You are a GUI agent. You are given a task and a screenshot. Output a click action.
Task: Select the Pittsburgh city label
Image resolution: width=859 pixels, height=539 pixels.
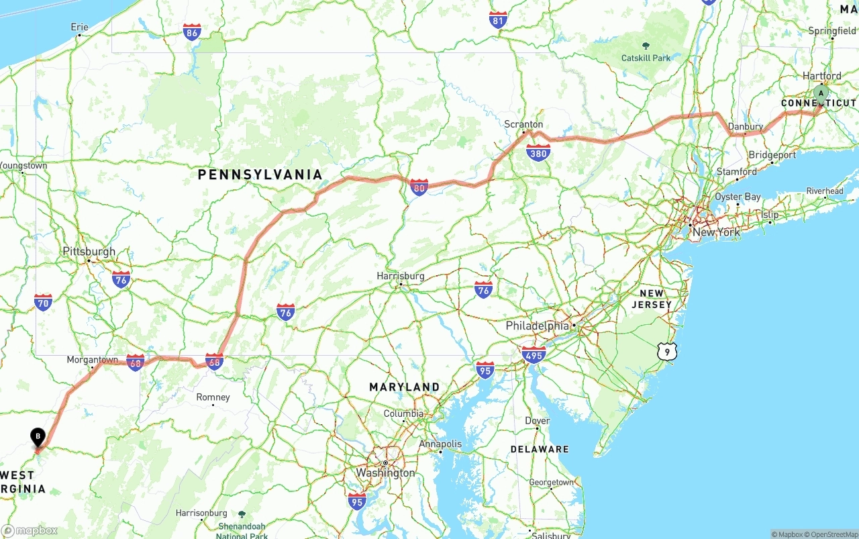click(89, 252)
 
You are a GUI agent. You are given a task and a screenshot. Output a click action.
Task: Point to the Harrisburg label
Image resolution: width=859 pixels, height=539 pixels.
click(401, 276)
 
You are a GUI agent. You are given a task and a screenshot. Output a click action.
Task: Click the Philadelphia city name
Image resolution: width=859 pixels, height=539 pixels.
click(537, 326)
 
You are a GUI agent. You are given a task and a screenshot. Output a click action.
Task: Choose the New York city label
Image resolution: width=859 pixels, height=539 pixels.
click(717, 232)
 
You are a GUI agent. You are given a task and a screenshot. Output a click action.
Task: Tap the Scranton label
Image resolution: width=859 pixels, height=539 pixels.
click(523, 124)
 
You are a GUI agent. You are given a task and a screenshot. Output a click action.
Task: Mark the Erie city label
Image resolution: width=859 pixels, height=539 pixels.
click(79, 28)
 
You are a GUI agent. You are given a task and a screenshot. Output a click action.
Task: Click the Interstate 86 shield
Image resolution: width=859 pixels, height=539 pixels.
click(192, 32)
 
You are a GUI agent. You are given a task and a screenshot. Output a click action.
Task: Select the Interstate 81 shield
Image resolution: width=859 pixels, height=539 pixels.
click(498, 20)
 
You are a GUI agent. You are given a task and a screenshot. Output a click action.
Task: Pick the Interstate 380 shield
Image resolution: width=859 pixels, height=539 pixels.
click(538, 153)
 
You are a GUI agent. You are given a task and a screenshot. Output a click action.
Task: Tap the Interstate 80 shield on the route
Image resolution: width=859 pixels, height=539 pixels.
click(419, 187)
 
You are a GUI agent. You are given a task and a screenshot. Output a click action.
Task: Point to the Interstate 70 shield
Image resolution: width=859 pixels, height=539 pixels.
click(43, 303)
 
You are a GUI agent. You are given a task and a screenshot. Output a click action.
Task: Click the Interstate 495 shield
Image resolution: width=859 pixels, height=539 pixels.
click(534, 354)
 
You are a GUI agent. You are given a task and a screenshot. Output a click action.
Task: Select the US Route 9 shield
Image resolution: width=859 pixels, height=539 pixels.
click(666, 351)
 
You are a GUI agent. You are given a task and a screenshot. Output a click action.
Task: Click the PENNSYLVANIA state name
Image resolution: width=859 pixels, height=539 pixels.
click(260, 175)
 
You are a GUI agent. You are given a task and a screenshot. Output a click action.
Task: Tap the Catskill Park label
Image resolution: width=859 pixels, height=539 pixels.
click(646, 58)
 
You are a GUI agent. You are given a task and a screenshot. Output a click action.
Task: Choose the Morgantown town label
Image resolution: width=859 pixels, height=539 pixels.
click(92, 360)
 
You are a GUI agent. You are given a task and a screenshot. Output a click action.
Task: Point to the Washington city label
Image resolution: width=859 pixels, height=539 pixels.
click(385, 473)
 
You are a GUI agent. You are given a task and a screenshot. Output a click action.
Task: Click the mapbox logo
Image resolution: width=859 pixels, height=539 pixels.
click(30, 530)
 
